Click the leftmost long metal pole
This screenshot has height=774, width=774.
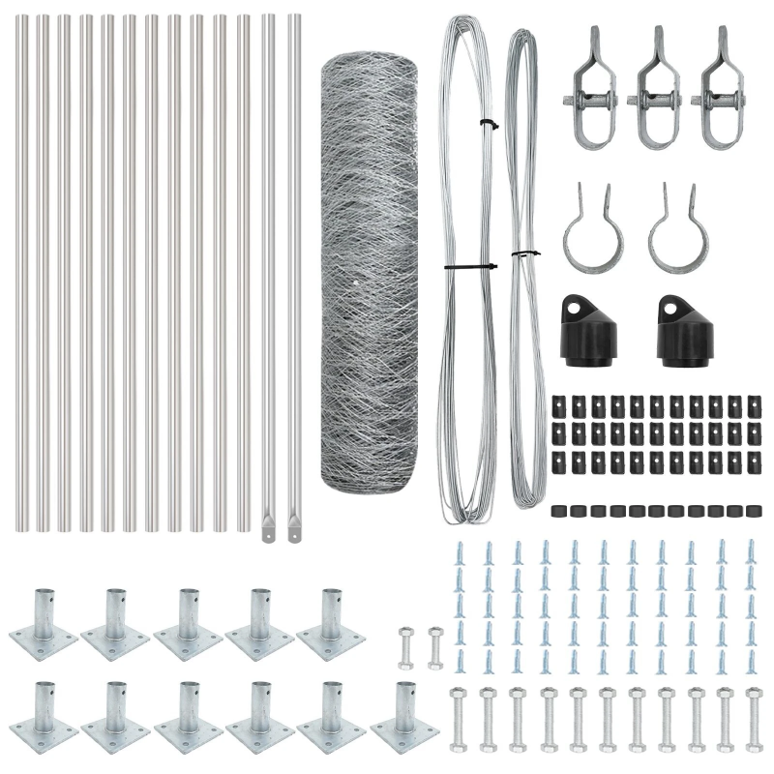pos(22,271)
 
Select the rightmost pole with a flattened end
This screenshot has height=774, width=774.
pos(294,271)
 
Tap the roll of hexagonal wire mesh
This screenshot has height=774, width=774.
pos(369,271)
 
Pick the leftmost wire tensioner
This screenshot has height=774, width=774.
pos(587,87)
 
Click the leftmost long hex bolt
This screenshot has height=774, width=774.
pos(459,716)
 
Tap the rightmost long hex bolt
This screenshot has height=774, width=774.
pos(754,716)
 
